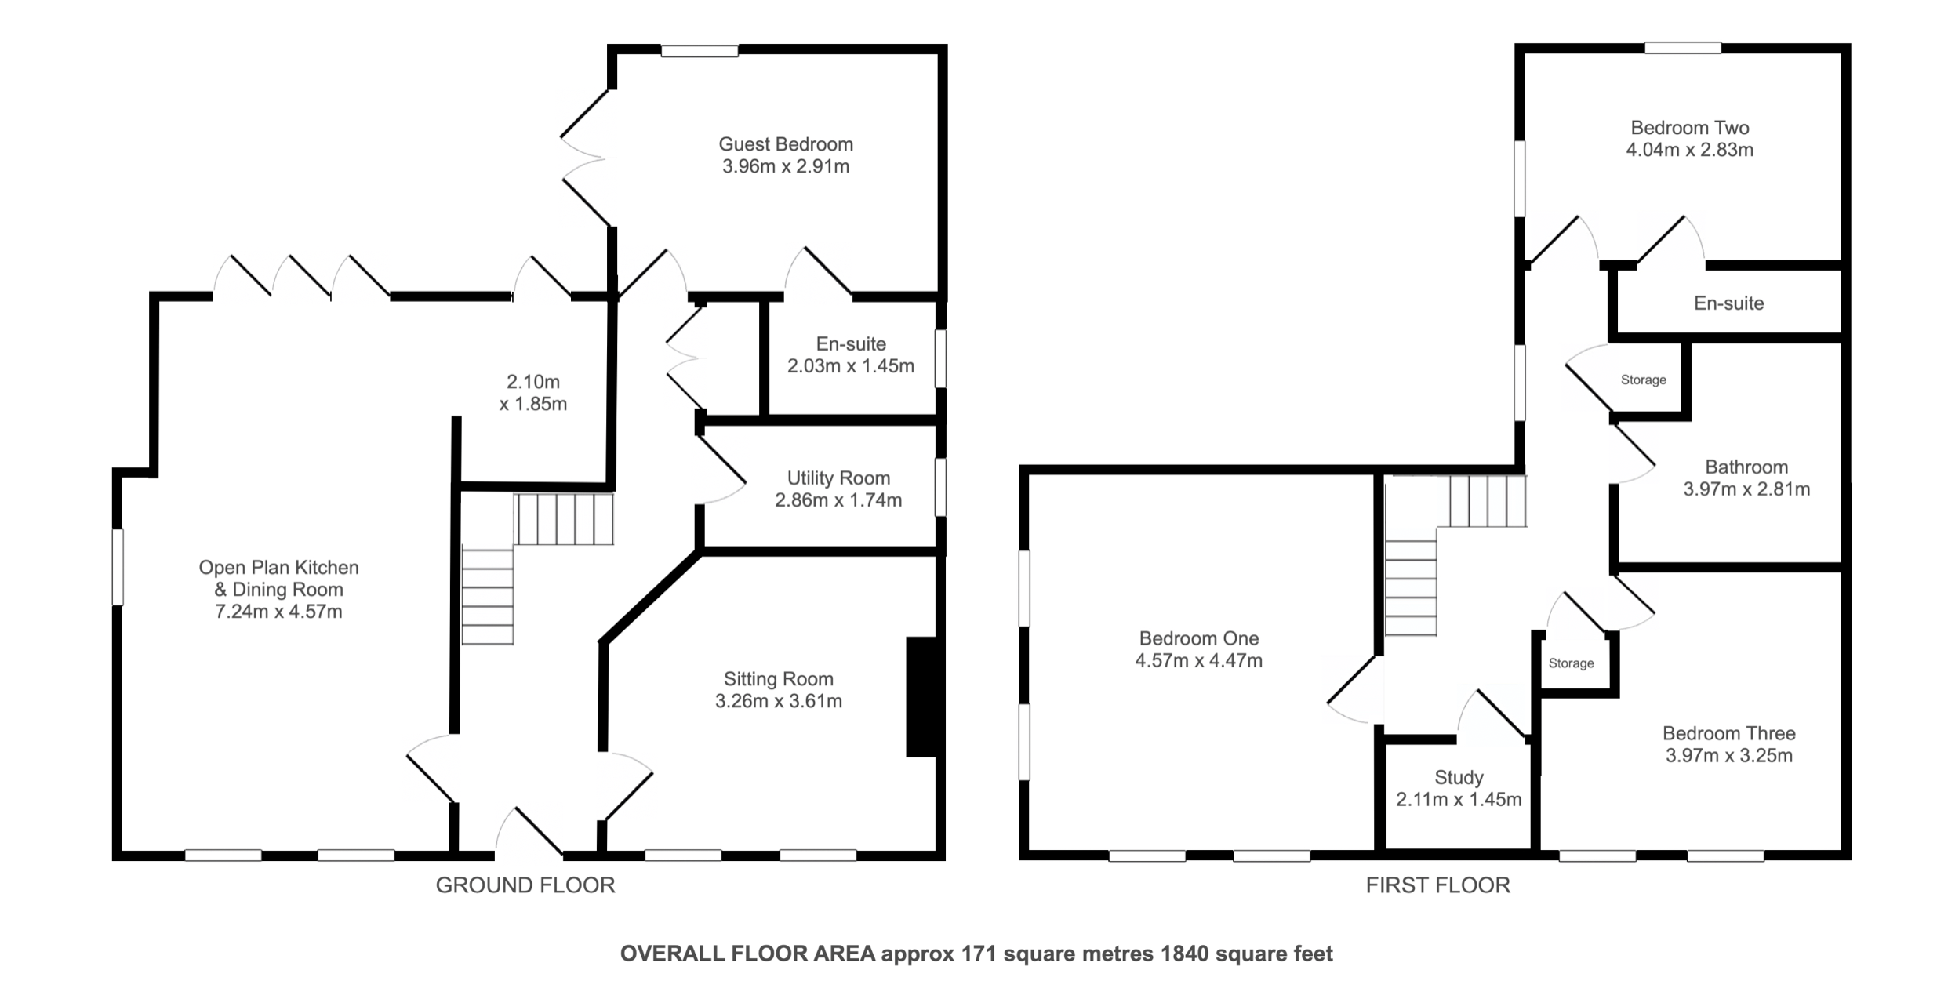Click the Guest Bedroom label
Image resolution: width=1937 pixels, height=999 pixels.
[786, 144]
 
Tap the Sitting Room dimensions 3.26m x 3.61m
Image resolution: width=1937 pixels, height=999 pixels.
[779, 701]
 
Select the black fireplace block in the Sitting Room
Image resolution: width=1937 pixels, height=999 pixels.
[921, 697]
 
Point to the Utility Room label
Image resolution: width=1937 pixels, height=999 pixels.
[838, 478]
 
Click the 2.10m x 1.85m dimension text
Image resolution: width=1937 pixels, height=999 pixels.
[533, 393]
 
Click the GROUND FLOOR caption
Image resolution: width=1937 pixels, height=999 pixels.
[525, 885]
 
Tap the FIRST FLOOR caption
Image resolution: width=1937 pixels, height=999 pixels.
[1438, 885]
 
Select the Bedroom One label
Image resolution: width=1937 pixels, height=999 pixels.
[1199, 638]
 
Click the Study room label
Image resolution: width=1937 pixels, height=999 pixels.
[1459, 777]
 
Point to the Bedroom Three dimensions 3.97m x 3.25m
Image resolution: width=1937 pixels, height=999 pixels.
[1729, 756]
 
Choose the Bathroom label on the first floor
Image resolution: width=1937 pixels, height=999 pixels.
[1746, 467]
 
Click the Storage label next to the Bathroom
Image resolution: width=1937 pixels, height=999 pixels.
[1644, 380]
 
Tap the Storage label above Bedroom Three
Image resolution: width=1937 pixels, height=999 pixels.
[1571, 663]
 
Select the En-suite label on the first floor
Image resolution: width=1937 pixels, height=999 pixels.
[1728, 303]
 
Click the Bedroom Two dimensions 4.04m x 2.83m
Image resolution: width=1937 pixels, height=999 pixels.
[1690, 150]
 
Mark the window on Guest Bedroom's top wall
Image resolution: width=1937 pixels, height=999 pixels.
[700, 51]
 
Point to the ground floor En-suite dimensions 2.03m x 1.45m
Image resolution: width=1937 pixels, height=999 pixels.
[851, 366]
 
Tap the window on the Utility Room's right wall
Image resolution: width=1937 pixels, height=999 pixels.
[940, 488]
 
